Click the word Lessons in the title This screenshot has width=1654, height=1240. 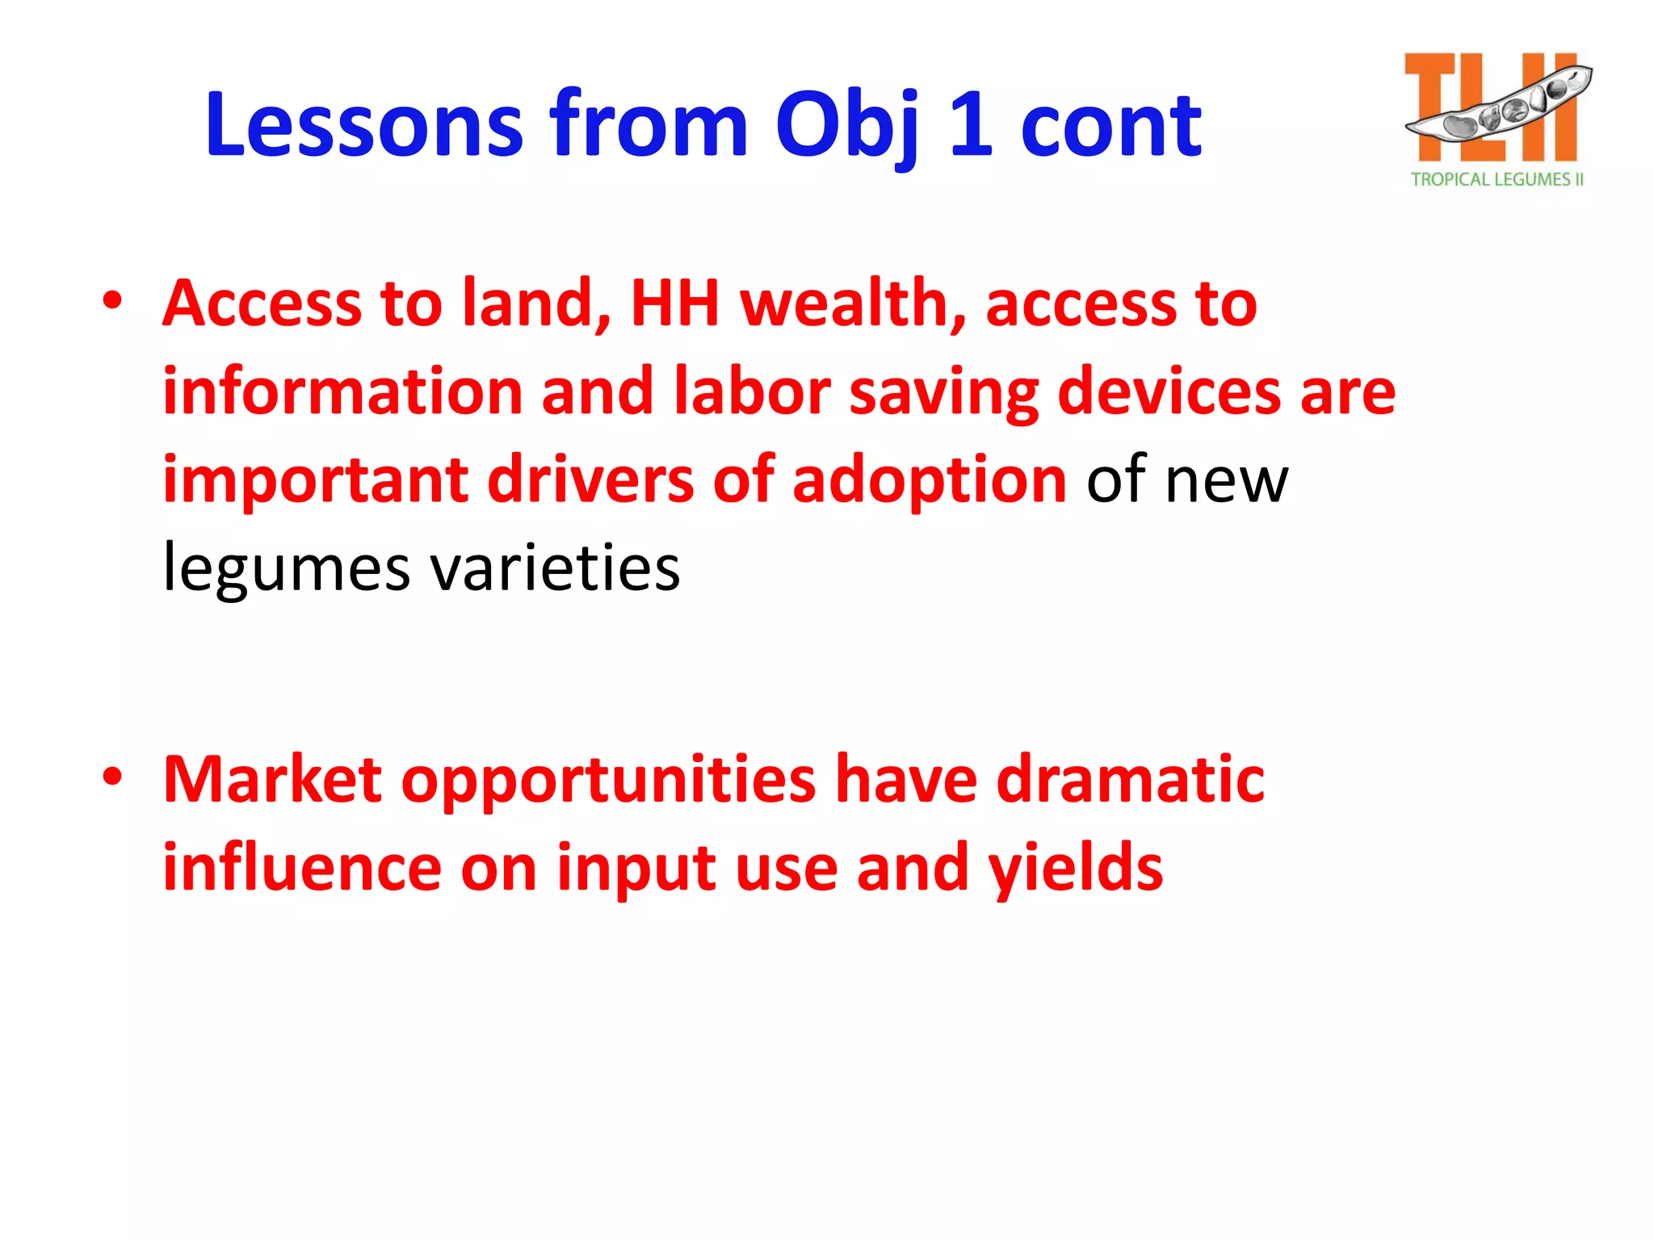point(364,125)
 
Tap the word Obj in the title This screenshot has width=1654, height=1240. point(849,125)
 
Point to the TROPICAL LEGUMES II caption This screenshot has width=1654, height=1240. point(1497,179)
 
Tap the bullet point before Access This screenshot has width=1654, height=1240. point(112,301)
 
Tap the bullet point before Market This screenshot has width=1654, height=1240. point(112,777)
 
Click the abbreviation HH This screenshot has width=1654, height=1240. point(674,304)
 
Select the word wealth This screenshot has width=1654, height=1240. point(853,304)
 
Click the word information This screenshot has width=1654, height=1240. point(342,392)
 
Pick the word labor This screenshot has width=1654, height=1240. point(752,392)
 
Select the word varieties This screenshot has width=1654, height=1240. point(555,568)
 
